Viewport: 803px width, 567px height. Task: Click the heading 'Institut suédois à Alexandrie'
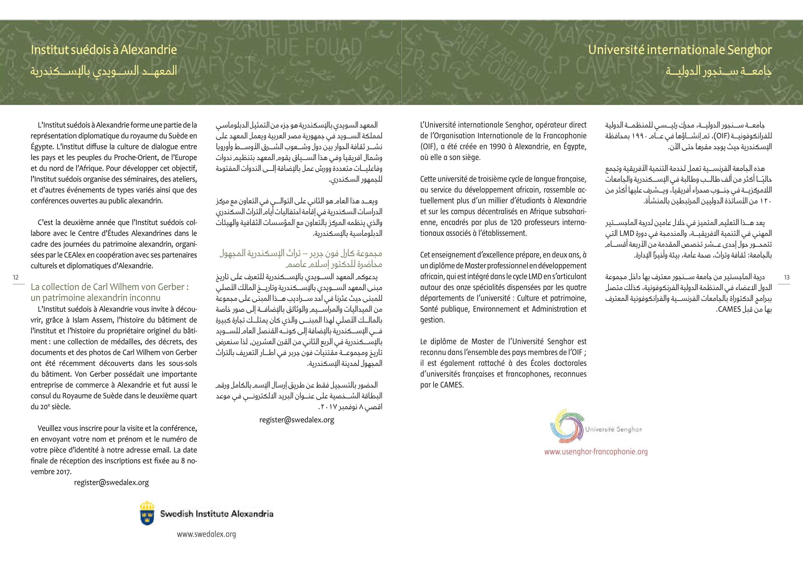(103, 50)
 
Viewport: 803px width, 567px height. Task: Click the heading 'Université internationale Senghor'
(679, 50)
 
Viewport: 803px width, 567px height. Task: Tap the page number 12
(16, 277)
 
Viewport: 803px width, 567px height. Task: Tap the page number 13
(787, 277)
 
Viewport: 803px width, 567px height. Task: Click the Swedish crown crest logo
(147, 513)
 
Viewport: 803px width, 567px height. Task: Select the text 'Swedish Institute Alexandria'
(216, 514)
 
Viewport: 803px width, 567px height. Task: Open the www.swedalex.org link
(206, 534)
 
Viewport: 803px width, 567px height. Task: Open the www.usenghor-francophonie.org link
(596, 451)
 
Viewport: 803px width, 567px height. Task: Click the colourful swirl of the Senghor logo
(567, 426)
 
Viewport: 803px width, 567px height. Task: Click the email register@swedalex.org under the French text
(111, 482)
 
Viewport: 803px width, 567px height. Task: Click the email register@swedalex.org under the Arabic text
(297, 420)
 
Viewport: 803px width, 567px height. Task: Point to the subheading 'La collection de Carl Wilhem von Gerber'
(109, 287)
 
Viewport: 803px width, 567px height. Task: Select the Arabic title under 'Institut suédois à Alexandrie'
(103, 71)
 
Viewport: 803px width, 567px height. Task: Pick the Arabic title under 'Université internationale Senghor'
(719, 71)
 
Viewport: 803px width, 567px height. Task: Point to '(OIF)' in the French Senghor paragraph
(428, 147)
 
